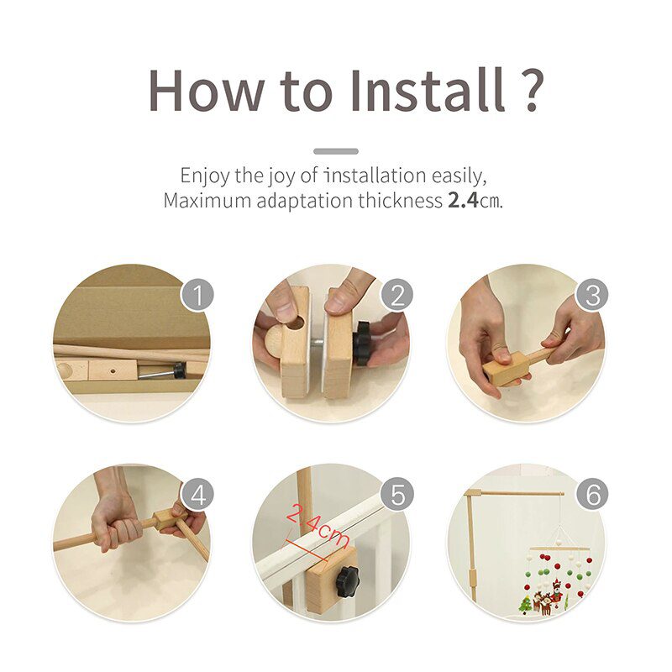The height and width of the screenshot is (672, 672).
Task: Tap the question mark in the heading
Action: coord(528,88)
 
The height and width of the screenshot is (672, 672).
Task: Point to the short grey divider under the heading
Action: coord(335,151)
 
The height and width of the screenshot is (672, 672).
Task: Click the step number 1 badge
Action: coord(197,295)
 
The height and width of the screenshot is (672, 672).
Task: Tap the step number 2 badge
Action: coord(396,295)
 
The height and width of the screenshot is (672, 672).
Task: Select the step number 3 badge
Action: coord(592,295)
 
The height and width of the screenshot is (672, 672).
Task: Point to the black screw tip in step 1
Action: coord(178,370)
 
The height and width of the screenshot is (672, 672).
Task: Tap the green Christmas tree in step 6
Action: coord(526,603)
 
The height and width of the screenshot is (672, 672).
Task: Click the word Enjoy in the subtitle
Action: coord(202,176)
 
